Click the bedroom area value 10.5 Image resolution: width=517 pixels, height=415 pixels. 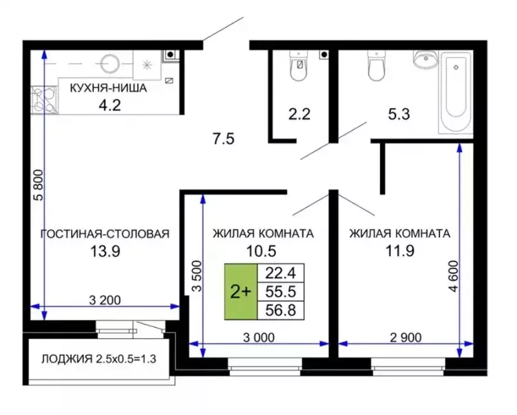(x=263, y=251)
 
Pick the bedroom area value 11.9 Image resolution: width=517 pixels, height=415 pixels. (x=399, y=251)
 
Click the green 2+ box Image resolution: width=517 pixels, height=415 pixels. (x=240, y=292)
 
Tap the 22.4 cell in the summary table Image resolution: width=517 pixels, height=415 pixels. (x=280, y=273)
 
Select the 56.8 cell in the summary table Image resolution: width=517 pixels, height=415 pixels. (x=280, y=310)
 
